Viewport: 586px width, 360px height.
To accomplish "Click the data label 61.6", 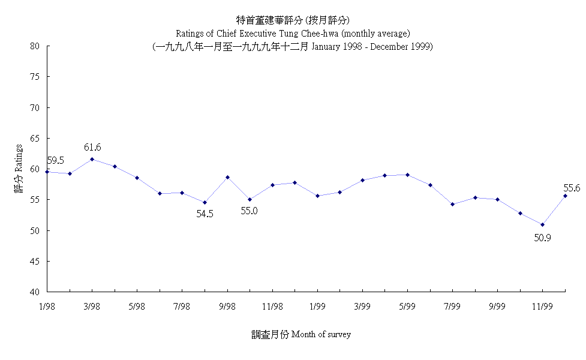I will tap(92, 148).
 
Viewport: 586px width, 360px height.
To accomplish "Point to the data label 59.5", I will tap(56, 161).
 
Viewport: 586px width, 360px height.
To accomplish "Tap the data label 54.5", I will tap(205, 214).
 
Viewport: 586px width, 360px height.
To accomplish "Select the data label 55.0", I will tap(250, 211).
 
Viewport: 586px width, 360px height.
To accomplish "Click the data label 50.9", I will tap(542, 238).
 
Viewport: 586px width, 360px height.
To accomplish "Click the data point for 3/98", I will tap(92, 159).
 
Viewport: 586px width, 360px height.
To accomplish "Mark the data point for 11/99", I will tap(542, 225).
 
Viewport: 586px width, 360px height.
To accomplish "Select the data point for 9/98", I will tap(227, 177).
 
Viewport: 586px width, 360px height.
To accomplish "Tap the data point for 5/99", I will tap(407, 175).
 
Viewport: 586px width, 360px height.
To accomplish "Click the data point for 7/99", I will tap(452, 204).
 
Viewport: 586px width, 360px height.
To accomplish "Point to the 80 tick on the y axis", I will tap(35, 46).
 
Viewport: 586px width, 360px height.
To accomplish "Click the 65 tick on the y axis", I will tap(35, 139).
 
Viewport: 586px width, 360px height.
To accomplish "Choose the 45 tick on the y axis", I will tap(35, 262).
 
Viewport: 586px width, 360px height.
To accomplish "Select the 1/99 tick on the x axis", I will tap(317, 306).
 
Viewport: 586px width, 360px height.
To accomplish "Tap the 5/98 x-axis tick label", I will tap(137, 306).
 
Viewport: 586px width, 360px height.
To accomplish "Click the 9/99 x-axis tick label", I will tap(497, 306).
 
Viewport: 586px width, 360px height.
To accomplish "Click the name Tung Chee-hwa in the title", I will tap(300, 32).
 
